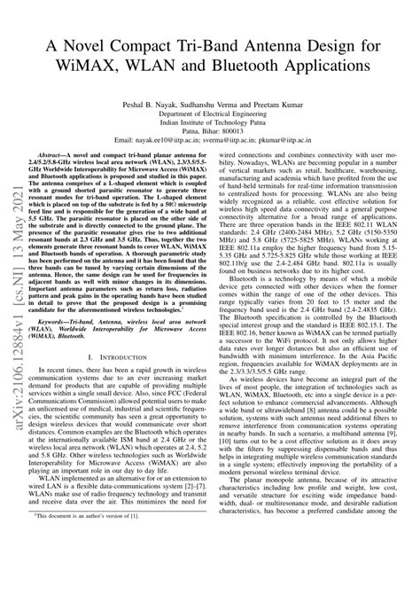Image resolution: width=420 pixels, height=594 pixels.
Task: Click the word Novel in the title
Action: pos(95,44)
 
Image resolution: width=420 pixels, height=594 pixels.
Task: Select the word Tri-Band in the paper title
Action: pos(215,44)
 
